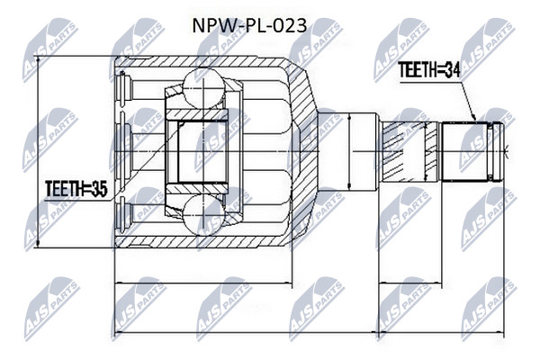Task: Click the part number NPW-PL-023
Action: coord(249,26)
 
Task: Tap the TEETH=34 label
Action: coord(428,70)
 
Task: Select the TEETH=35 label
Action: coord(76,189)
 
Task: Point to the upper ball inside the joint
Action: coord(203,87)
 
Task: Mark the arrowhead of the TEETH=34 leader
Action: coord(473,116)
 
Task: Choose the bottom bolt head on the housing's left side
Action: coord(123,215)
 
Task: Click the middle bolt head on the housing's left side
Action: coord(124,151)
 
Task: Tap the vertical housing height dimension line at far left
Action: coord(38,151)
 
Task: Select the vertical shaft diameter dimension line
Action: coord(349,152)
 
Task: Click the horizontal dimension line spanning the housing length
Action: coord(203,283)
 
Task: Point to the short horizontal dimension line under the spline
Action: coord(409,283)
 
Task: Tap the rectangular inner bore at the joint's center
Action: coord(202,151)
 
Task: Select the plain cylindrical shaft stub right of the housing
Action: coord(347,152)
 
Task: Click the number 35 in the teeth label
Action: coord(100,189)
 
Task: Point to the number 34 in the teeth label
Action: coord(452,70)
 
